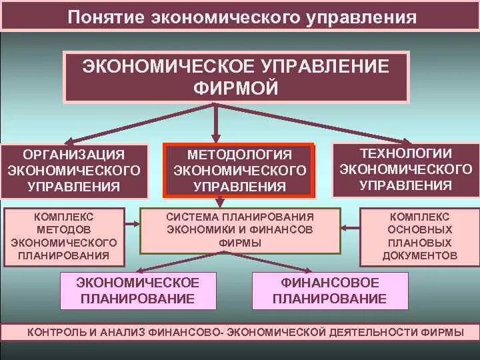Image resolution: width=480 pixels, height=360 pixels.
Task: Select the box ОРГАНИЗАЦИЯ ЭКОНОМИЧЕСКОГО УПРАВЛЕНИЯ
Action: (x=75, y=170)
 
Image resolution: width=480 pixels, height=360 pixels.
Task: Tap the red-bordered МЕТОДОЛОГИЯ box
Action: (x=239, y=171)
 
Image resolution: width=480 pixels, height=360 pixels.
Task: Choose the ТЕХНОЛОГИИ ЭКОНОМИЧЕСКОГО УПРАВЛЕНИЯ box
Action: (x=405, y=169)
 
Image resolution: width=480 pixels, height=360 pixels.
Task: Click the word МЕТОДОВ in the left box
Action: (x=65, y=229)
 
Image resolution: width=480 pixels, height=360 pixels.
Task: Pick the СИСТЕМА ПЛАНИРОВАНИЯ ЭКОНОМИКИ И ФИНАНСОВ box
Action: (x=240, y=231)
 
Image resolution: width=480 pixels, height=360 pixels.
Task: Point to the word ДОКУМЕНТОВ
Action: (x=420, y=255)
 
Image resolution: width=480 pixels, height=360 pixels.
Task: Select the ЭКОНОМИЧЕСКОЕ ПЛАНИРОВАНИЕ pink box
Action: (x=138, y=290)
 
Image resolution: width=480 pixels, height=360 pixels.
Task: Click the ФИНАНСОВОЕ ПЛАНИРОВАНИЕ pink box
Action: (x=330, y=290)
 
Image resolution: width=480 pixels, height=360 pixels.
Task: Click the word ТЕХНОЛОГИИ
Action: (x=405, y=153)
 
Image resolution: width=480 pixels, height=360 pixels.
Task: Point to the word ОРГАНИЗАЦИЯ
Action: (x=75, y=155)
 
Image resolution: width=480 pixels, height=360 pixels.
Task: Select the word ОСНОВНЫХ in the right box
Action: (x=420, y=230)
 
